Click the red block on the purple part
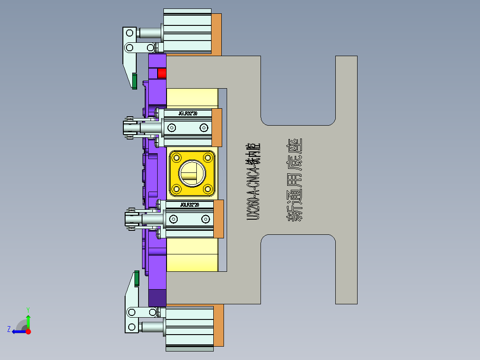point(162,73)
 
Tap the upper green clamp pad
point(134,80)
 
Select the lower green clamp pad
point(137,278)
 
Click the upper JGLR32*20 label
point(187,114)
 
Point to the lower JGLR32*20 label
point(189,205)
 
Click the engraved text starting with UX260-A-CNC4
point(253,181)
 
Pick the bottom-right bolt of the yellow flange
point(208,189)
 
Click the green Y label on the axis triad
point(28,309)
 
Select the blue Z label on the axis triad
point(9,329)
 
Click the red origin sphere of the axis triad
point(28,331)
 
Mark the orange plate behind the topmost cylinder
point(216,34)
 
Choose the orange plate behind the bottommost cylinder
point(218,326)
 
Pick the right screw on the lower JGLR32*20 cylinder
point(205,219)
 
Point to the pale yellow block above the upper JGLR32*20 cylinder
point(192,98)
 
